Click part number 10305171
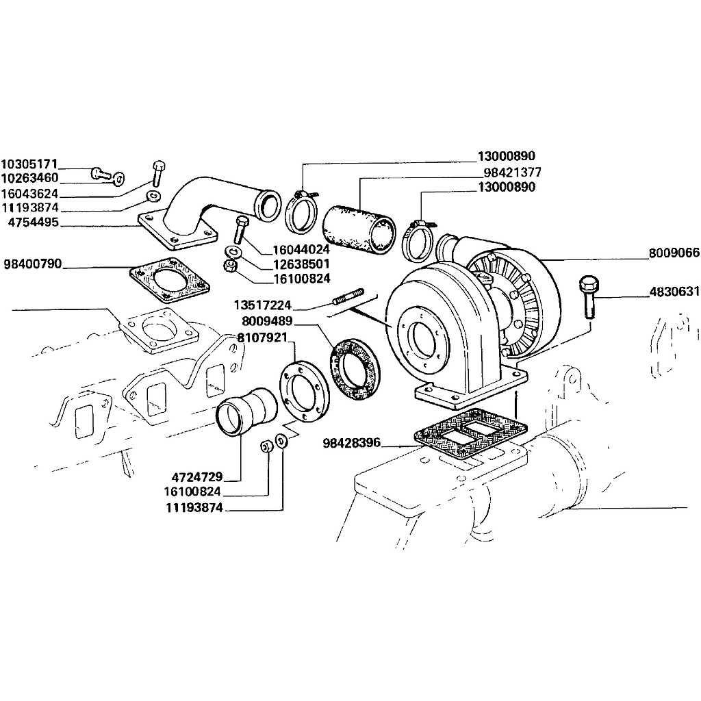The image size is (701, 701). click(x=29, y=164)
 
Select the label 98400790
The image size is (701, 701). click(x=33, y=264)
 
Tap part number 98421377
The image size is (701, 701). click(x=512, y=172)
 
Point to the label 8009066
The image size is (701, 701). click(x=674, y=253)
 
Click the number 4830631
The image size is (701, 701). click(x=674, y=292)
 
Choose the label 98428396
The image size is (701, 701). click(x=351, y=443)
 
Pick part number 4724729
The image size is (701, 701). click(x=197, y=476)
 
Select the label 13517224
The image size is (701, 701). click(x=262, y=305)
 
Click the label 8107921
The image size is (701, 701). click(x=262, y=337)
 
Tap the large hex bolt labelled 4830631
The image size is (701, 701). click(x=589, y=297)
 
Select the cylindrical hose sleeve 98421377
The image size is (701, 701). click(x=359, y=229)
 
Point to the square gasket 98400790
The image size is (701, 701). click(x=169, y=280)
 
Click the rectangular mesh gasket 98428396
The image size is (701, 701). click(x=471, y=433)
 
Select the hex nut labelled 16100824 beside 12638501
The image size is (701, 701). click(x=230, y=266)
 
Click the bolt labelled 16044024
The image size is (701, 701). click(x=239, y=230)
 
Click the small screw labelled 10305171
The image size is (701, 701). click(x=101, y=173)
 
